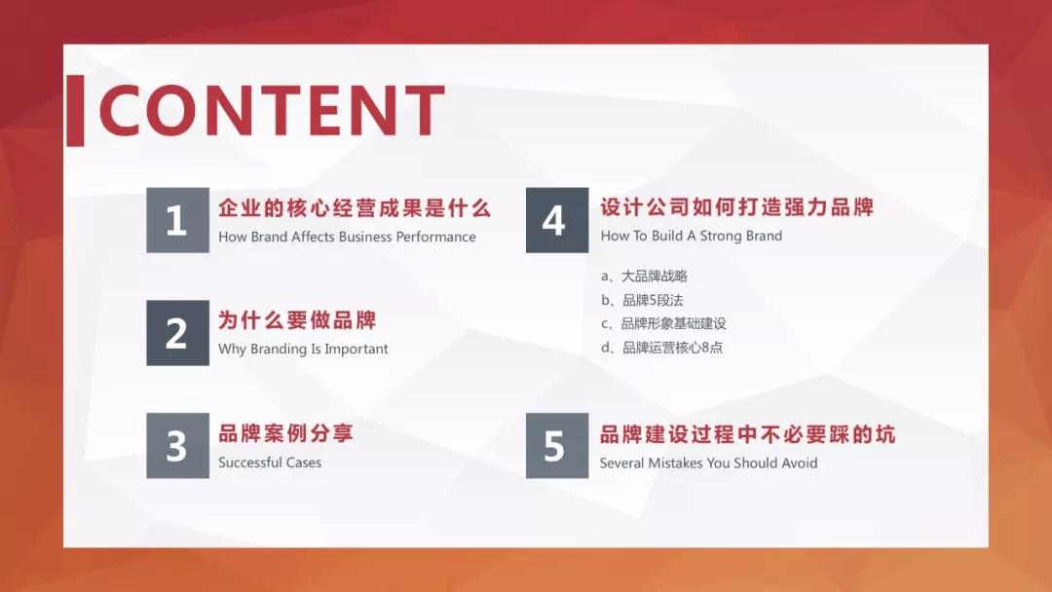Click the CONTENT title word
(x=273, y=111)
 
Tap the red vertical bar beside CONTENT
(x=76, y=111)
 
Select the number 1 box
(x=178, y=220)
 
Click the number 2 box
(x=178, y=333)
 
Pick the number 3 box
(x=178, y=445)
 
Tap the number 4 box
(x=557, y=220)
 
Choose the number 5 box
(x=557, y=445)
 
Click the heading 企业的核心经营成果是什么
(x=355, y=207)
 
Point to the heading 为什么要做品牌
(x=297, y=320)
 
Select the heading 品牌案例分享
(x=285, y=433)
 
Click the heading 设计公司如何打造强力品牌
(x=736, y=207)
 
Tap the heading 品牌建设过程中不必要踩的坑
(x=747, y=434)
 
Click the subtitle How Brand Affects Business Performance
(x=347, y=237)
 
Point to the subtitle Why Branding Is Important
(x=303, y=350)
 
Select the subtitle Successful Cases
(x=270, y=462)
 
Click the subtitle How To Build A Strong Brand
(x=691, y=236)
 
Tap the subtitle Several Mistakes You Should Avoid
(x=708, y=462)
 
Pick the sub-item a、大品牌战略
(x=644, y=277)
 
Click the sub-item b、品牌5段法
(x=642, y=300)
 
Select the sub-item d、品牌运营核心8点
(x=662, y=348)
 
